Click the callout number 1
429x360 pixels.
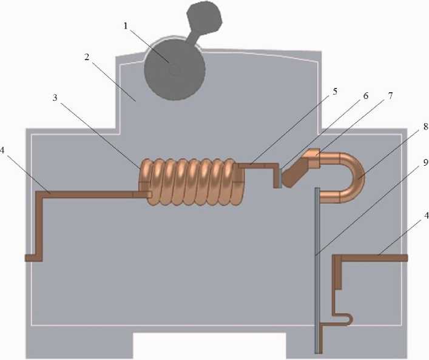[x=125, y=27]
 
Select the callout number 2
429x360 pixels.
[x=87, y=57]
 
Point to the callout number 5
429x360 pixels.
[x=336, y=92]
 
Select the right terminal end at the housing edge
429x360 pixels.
[x=402, y=257]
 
